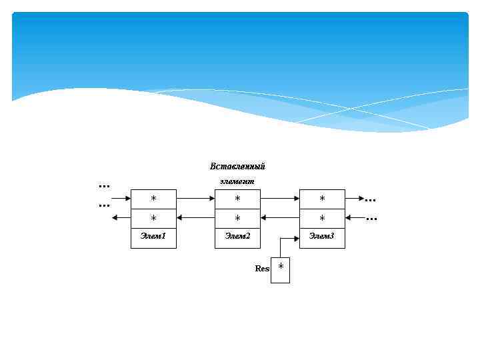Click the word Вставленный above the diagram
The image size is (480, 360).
[x=237, y=167]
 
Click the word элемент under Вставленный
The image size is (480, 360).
[x=237, y=181]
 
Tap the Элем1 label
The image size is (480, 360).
[x=153, y=237]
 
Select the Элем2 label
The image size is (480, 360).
[x=237, y=237]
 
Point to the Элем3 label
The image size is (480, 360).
[x=322, y=237]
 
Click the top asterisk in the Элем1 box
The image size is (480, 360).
[x=153, y=199]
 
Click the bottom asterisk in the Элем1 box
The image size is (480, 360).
[x=153, y=218]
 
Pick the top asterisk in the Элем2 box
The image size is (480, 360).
[x=237, y=199]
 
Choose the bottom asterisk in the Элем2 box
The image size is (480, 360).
[x=237, y=218]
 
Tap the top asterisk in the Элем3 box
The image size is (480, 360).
[x=322, y=199]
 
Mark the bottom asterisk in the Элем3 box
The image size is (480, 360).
[x=322, y=218]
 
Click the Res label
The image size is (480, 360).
[x=262, y=269]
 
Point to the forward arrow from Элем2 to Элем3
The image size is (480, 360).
[x=280, y=198]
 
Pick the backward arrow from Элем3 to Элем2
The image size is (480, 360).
[x=280, y=217]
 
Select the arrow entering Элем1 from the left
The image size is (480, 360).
[x=121, y=198]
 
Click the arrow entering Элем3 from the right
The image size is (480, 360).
[x=355, y=217]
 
